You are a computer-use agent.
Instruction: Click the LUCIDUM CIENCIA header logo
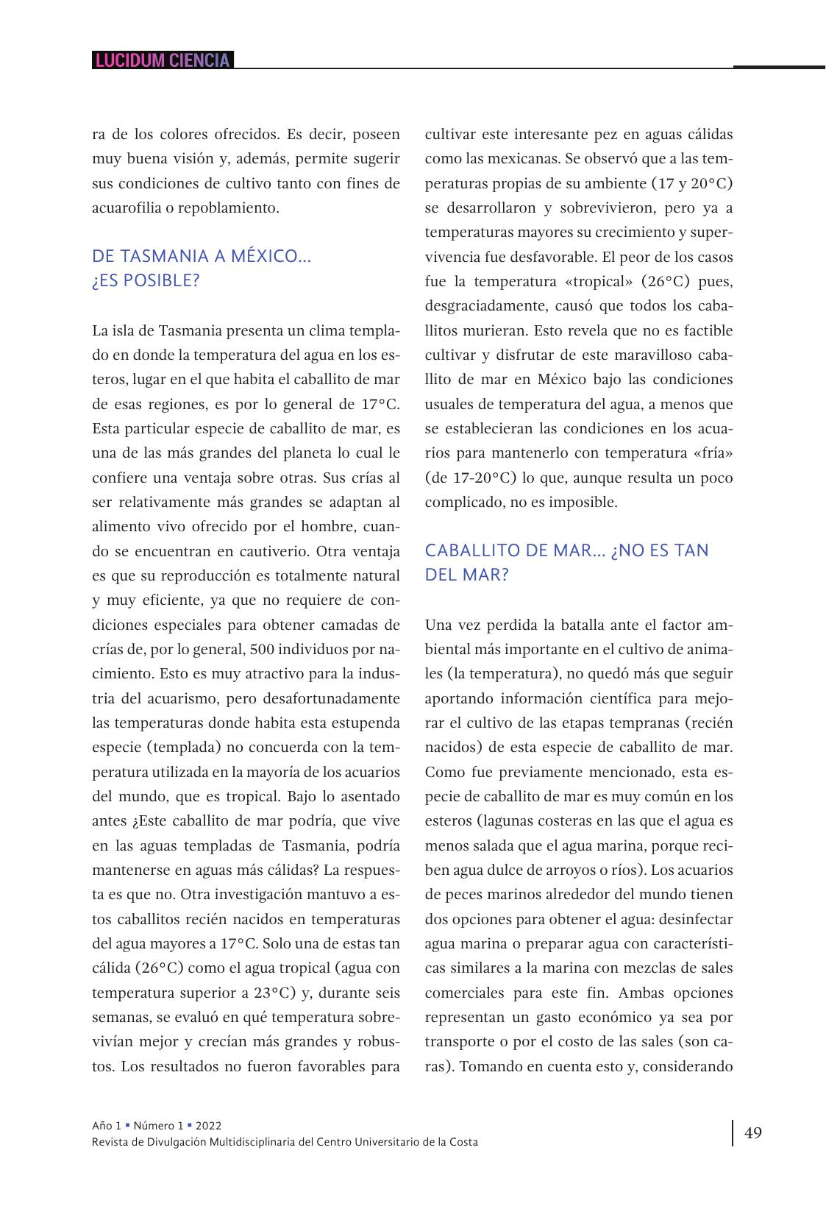tap(163, 60)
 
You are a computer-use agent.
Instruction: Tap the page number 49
tap(753, 1132)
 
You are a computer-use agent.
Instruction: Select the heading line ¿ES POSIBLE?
tap(146, 281)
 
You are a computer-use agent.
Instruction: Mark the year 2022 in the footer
tap(208, 1125)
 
